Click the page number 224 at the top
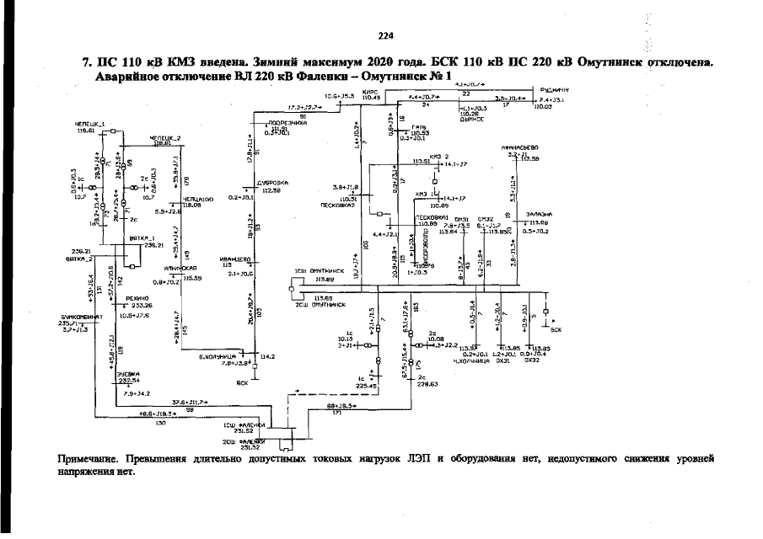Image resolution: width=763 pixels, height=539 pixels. tap(386, 35)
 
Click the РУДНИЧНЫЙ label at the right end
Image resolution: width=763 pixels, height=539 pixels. tap(551, 89)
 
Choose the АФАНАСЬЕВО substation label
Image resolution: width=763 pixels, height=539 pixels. tap(519, 147)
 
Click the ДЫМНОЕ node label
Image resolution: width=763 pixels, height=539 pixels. tap(471, 120)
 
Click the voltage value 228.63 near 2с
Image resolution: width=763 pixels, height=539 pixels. tap(428, 383)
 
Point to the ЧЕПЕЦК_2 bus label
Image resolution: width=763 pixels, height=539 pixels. tap(165, 137)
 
